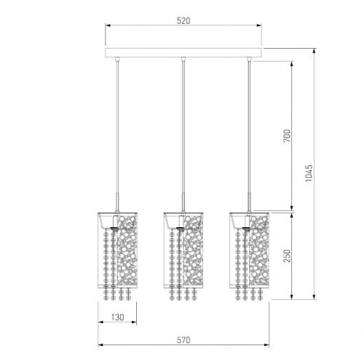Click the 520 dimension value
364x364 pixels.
(x=183, y=21)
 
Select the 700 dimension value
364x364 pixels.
(x=287, y=136)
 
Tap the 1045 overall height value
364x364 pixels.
(x=309, y=173)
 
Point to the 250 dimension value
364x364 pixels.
(x=287, y=256)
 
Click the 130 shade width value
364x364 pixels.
(x=118, y=317)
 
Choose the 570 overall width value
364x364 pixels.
(x=183, y=340)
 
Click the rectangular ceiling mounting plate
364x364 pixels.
(x=183, y=53)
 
